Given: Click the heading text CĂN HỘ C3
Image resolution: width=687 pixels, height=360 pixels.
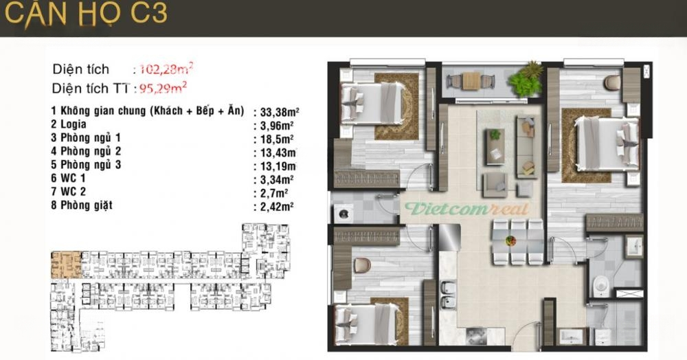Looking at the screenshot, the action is [x=86, y=14].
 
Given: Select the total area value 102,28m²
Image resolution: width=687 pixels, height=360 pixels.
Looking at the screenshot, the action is [x=166, y=69].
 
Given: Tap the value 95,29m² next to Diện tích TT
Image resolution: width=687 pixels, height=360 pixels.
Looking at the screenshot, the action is [x=163, y=88].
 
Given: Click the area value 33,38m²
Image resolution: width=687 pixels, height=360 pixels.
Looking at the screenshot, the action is [x=280, y=112].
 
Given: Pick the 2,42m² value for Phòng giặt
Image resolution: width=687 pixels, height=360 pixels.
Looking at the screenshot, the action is [x=276, y=206].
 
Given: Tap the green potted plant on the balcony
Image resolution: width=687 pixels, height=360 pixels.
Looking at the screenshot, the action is [x=526, y=79].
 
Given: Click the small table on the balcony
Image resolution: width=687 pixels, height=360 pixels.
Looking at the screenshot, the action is [x=471, y=81].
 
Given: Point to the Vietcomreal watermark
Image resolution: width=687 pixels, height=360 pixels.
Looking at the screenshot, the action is [x=466, y=209].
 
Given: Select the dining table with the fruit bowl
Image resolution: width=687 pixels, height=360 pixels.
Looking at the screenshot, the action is [x=510, y=241].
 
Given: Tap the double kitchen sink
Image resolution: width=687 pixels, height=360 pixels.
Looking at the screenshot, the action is [x=448, y=294].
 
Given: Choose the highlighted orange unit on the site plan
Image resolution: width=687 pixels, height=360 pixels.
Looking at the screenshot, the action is [x=66, y=265].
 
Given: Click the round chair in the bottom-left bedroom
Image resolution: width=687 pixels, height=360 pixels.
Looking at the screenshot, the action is [x=362, y=265].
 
